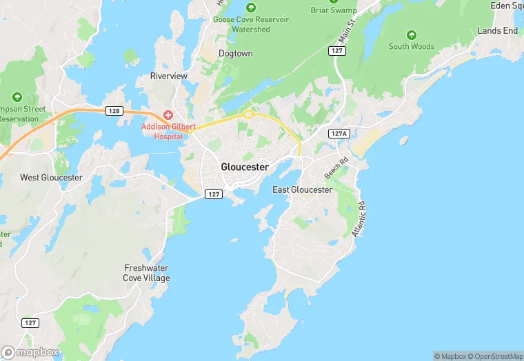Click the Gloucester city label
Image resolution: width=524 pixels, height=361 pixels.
click(245, 167)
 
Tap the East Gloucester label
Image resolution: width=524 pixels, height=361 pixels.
click(302, 189)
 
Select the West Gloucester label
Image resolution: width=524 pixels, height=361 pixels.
click(51, 178)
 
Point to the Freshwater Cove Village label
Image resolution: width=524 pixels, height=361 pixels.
click(147, 273)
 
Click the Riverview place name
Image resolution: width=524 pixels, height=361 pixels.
click(170, 76)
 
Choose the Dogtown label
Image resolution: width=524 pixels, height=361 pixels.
click(235, 53)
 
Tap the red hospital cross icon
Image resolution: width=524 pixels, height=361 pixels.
click(168, 114)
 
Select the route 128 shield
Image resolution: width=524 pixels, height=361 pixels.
click(114, 110)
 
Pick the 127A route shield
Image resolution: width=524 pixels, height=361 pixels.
click(339, 134)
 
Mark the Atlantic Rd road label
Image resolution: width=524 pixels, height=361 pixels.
click(359, 219)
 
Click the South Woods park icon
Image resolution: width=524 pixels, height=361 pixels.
click(412, 34)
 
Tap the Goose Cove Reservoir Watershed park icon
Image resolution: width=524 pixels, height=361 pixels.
click(251, 8)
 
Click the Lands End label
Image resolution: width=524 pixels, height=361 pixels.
click(497, 31)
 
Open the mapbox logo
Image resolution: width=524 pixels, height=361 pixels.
click(31, 352)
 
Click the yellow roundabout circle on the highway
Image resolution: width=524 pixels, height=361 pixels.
click(248, 114)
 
